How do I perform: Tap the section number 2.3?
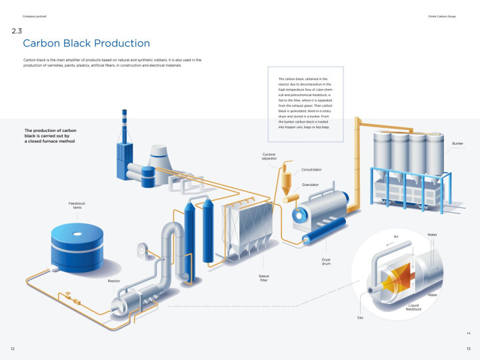coord(17,31)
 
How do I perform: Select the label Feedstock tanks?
coord(76,205)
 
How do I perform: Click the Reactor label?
coord(114,281)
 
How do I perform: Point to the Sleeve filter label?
coord(263,277)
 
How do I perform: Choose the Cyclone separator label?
coord(269,156)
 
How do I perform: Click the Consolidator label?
coord(311,169)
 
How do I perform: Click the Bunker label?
coord(457,143)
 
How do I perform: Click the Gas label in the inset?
coord(360,317)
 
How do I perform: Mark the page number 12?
coord(12,349)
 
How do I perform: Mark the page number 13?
coord(469,349)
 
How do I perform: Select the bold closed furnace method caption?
coord(51,136)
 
